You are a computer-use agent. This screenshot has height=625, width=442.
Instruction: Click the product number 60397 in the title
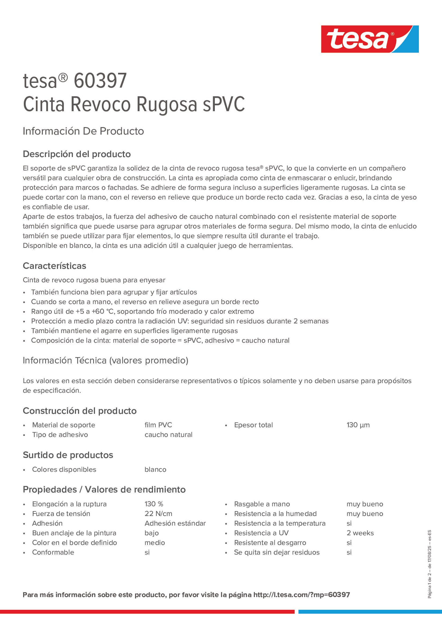[100, 81]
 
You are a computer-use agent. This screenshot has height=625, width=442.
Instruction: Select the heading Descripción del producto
[77, 154]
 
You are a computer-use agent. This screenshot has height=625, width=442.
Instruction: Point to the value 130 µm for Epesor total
[358, 425]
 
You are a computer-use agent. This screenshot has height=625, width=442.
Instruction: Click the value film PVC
[158, 425]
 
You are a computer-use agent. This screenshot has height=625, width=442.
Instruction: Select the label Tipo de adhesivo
[60, 435]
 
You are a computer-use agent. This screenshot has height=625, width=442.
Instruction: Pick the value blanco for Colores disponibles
[155, 470]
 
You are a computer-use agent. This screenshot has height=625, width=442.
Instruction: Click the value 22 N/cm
[158, 514]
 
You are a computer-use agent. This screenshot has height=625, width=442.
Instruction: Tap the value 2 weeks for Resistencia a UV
[360, 533]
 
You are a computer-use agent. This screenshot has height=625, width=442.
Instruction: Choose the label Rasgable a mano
[262, 504]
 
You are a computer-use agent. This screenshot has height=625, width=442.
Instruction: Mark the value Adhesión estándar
[175, 523]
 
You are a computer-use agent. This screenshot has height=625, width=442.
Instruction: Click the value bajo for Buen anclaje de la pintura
[152, 533]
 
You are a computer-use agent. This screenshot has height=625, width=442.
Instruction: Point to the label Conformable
[53, 552]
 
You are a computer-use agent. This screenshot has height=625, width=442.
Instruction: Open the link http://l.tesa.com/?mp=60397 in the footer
[301, 595]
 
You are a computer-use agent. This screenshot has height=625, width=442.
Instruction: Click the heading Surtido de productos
[68, 455]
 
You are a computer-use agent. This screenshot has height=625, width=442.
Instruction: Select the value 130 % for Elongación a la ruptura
[154, 504]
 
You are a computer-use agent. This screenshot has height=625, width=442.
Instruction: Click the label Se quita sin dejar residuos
[277, 552]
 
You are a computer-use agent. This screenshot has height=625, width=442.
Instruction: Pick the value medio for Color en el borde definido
[155, 543]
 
